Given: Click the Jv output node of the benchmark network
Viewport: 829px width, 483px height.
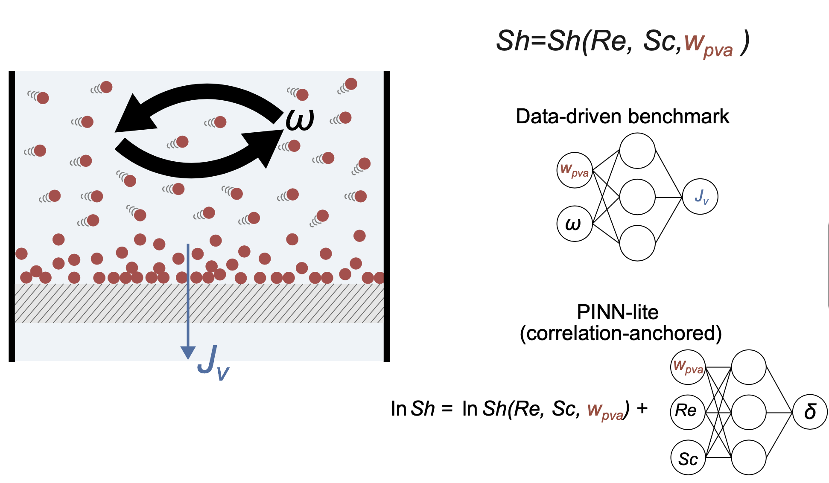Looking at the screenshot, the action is tap(700, 196).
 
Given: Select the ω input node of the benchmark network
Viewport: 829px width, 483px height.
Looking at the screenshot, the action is tap(575, 224).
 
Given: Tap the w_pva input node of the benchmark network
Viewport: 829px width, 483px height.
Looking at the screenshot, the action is tap(575, 170).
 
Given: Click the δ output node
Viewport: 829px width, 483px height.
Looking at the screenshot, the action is tap(810, 411).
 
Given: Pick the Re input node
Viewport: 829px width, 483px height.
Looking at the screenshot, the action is tap(688, 412).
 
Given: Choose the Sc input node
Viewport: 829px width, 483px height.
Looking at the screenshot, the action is tap(688, 457).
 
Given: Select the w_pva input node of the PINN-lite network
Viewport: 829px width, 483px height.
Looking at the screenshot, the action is tap(688, 367).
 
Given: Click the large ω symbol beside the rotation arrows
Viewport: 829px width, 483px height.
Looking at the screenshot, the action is tap(300, 120).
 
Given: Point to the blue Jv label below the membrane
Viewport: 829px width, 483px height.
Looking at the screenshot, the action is tap(213, 363).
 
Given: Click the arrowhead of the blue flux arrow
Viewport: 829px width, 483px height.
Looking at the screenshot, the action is tap(188, 353).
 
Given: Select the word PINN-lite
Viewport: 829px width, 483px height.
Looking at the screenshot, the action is tap(617, 312).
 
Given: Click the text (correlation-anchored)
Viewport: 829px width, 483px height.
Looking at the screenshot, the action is tap(621, 333).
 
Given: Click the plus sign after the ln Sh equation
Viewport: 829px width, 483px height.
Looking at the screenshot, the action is tap(642, 408).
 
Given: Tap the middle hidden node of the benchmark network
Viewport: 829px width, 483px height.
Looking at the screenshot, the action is tap(637, 197).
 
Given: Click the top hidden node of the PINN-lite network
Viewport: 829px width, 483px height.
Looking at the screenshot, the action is tap(749, 367).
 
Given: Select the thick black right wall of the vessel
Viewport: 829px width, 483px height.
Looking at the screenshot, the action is tap(387, 216).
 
